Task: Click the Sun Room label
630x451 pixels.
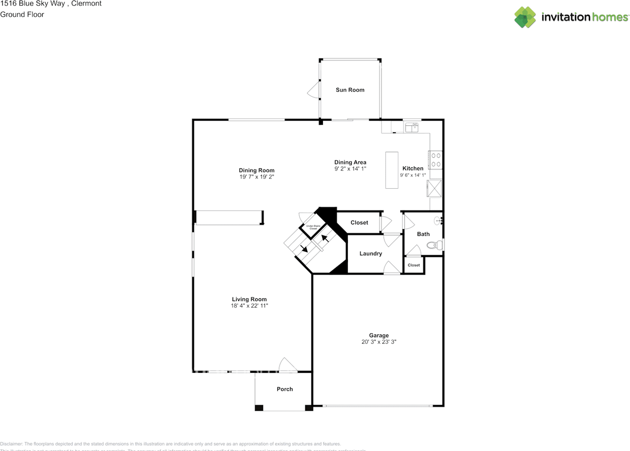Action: click(x=350, y=90)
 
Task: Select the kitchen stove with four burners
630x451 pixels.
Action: click(x=436, y=160)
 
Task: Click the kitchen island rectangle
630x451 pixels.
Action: click(x=392, y=170)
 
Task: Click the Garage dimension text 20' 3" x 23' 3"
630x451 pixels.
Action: click(x=379, y=342)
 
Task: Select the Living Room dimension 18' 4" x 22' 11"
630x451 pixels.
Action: click(x=250, y=306)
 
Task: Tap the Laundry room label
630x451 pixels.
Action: click(x=371, y=254)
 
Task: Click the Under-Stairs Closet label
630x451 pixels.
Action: click(x=314, y=227)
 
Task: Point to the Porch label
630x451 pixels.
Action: click(x=284, y=389)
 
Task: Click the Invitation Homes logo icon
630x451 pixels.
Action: click(x=525, y=17)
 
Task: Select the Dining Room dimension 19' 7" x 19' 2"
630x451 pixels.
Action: click(x=256, y=177)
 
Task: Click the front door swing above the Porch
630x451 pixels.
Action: click(x=287, y=365)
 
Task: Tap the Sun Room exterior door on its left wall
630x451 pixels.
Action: click(x=313, y=89)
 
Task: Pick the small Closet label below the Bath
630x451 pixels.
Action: click(x=414, y=265)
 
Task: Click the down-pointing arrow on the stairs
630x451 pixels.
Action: click(x=304, y=249)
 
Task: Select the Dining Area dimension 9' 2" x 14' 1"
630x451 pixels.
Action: click(x=350, y=169)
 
